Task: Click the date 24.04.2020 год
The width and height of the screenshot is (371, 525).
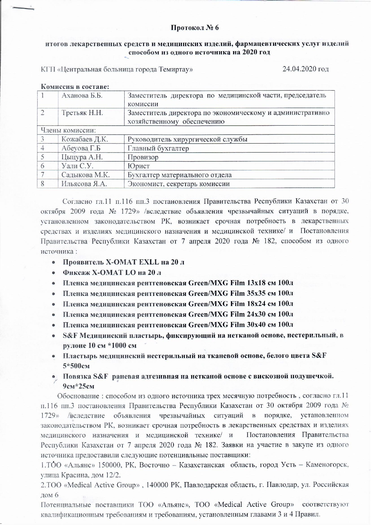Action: (x=306, y=69)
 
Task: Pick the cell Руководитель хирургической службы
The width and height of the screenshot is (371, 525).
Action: (x=187, y=139)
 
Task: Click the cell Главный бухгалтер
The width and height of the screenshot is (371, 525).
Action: (x=158, y=148)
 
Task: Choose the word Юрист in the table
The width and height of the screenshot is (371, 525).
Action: (x=139, y=166)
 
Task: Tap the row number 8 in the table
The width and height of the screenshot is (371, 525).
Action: (x=43, y=184)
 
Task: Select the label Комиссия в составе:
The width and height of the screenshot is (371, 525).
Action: (x=75, y=87)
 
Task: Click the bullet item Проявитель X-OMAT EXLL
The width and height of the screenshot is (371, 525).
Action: (x=123, y=262)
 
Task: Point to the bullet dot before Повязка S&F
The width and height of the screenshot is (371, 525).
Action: (x=53, y=377)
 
